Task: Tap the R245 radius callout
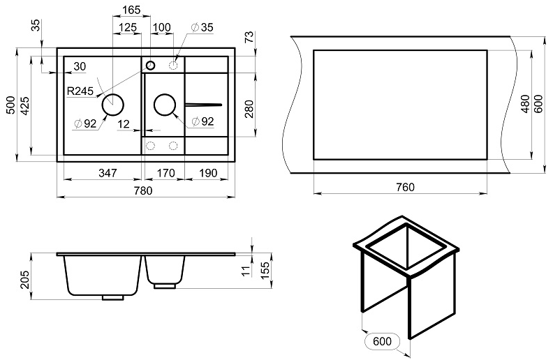click(81, 91)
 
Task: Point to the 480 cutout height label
click(525, 105)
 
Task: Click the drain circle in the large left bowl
click(112, 105)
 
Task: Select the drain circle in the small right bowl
click(164, 105)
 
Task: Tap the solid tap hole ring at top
click(150, 65)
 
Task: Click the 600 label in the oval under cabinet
click(382, 343)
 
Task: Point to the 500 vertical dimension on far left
click(10, 105)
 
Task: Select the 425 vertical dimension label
click(24, 105)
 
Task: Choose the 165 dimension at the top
click(131, 10)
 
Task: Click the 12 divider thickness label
click(124, 124)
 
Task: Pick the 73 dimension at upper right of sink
click(249, 37)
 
